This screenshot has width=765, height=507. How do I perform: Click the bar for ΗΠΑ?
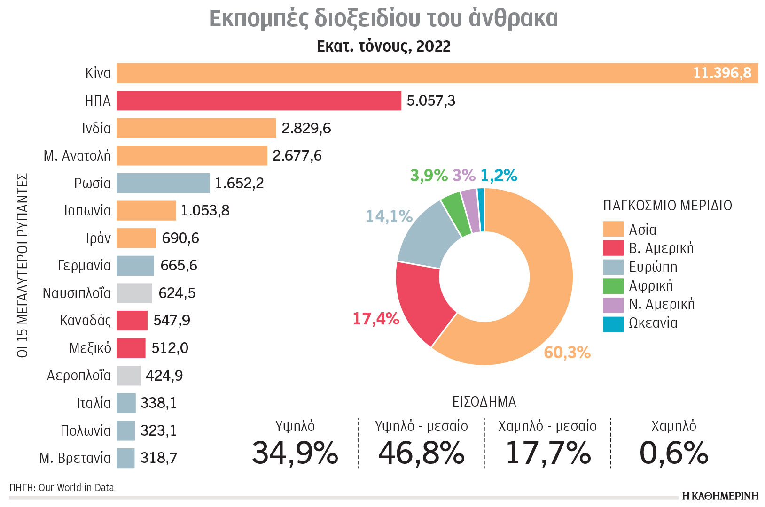point(258,100)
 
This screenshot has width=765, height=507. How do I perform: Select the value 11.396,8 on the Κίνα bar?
point(722,73)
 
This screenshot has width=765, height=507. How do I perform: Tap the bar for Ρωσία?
point(163,183)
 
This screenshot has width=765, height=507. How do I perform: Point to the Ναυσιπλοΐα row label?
point(77,293)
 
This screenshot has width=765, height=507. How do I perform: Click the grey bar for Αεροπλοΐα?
point(128,376)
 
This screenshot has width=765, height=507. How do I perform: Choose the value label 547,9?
point(172,321)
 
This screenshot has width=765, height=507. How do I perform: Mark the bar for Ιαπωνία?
point(146,211)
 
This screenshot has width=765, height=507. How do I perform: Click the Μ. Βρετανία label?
point(75,458)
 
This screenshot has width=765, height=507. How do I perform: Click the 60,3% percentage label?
point(567,353)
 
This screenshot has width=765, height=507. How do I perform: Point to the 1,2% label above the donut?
point(499,176)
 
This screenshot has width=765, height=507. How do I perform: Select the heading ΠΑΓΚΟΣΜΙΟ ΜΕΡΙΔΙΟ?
point(667,206)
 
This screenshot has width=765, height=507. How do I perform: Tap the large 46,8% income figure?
point(421,453)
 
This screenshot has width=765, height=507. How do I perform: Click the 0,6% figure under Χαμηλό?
point(673,453)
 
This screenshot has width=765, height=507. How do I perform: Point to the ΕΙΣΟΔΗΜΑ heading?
point(484,402)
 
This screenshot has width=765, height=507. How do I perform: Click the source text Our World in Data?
point(76,488)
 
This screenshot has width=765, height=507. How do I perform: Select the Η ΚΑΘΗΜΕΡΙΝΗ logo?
point(720,496)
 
